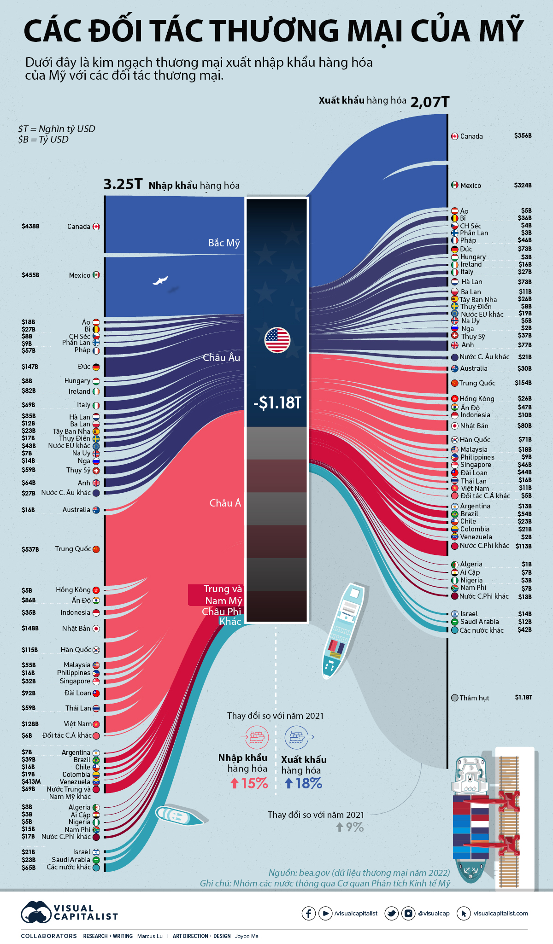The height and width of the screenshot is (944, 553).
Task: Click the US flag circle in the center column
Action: (x=277, y=340)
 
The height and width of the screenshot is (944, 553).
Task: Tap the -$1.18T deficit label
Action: (x=277, y=403)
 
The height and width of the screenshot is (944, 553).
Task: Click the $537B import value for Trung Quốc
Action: (x=30, y=549)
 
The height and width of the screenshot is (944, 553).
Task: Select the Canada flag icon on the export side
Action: (x=454, y=136)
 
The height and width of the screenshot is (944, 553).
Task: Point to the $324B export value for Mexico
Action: (x=523, y=185)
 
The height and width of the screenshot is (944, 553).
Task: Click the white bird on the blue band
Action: (x=160, y=280)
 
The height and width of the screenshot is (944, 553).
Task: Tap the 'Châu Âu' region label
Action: (x=221, y=357)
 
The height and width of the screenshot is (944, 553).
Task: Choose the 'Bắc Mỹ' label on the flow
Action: (x=224, y=243)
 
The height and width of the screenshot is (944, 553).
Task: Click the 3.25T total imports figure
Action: (x=123, y=184)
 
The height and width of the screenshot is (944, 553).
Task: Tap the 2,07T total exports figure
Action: (x=429, y=102)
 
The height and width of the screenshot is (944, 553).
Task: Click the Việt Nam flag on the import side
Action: (x=96, y=724)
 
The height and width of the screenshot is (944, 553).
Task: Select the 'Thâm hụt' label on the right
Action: (x=474, y=698)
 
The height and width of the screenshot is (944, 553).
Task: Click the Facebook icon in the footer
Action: (x=308, y=913)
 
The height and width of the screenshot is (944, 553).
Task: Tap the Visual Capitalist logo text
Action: (x=85, y=913)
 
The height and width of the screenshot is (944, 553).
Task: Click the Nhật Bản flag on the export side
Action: (x=454, y=426)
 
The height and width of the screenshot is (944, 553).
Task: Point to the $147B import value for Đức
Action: (x=29, y=367)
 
